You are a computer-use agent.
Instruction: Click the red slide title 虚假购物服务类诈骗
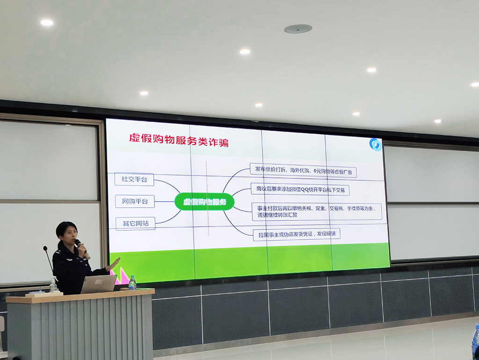tap(179, 140)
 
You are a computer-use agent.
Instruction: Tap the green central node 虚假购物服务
tap(205, 202)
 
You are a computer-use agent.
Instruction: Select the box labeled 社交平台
tap(134, 179)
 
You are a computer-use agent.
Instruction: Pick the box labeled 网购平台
tap(135, 201)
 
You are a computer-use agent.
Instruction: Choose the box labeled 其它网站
tap(136, 223)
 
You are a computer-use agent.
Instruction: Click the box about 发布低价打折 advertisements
tap(303, 170)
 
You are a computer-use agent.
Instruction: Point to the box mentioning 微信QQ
tap(300, 190)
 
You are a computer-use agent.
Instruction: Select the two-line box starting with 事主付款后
tap(317, 212)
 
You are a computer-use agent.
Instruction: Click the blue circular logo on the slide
tap(376, 145)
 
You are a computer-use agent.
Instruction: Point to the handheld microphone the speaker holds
tap(81, 247)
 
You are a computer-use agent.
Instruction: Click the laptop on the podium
tap(99, 284)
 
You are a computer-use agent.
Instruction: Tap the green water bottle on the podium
tap(132, 283)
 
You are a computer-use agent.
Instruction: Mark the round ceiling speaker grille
tap(298, 29)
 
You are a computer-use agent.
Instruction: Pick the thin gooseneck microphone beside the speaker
tap(49, 260)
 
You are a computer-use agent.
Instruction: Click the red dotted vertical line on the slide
tap(207, 198)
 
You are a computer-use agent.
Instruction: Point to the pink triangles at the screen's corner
tap(120, 274)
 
